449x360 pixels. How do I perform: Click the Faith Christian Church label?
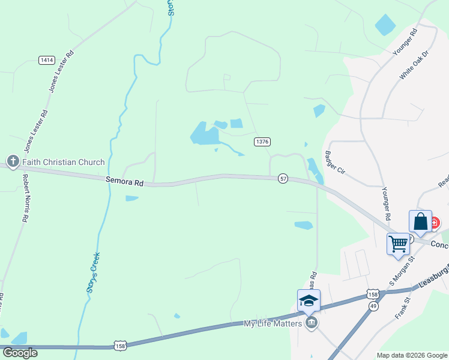[64, 162]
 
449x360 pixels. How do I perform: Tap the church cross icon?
[13, 161]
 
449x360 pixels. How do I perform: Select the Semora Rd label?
[125, 180]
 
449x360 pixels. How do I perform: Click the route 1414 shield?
[46, 60]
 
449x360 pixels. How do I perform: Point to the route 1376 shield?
[262, 142]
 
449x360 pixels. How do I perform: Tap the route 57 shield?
[283, 178]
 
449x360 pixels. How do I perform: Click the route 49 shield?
[373, 306]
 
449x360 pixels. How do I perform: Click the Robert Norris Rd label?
[26, 199]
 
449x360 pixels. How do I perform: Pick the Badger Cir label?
[334, 161]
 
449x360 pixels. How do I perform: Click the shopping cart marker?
[398, 244]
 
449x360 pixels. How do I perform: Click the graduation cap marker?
[309, 301]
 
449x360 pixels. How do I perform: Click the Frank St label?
[402, 307]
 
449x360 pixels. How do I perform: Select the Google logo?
[20, 353]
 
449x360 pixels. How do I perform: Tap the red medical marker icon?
[434, 223]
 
